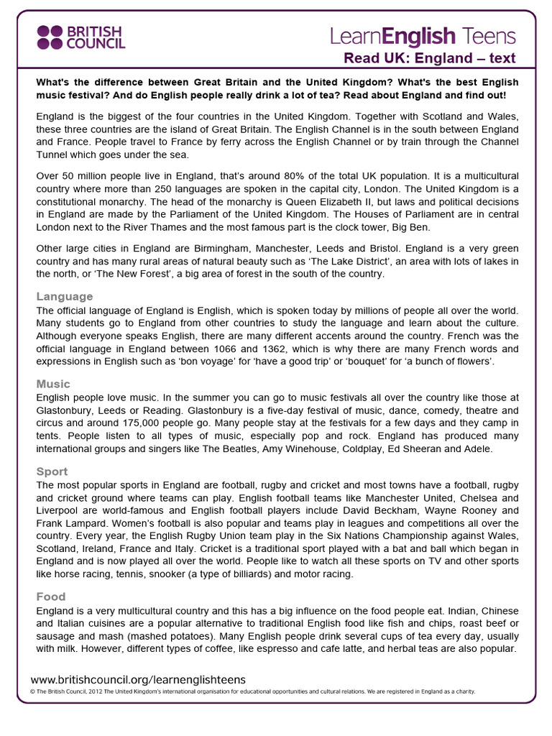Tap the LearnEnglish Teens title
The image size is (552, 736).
[x=423, y=36]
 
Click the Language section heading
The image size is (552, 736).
[x=65, y=296]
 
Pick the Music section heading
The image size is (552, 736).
[x=53, y=384]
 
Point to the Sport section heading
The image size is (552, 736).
[x=52, y=471]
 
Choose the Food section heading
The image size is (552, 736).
[x=51, y=597]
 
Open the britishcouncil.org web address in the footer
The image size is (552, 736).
[x=138, y=679]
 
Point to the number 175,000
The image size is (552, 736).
[x=139, y=423]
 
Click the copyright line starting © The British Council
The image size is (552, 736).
[x=252, y=691]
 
